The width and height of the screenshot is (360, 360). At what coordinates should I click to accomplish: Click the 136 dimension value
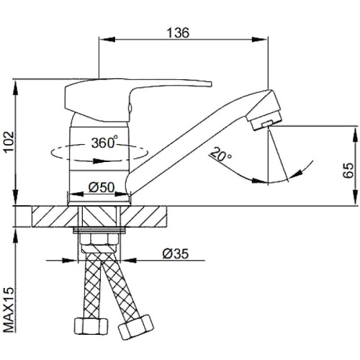178,33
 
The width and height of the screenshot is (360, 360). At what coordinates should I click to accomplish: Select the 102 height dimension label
9,142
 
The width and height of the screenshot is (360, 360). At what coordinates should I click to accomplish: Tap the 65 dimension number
348,171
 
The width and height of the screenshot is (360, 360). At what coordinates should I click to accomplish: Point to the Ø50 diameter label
102,187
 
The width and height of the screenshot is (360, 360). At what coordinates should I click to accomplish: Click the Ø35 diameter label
176,253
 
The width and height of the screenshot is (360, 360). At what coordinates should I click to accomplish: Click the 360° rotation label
104,143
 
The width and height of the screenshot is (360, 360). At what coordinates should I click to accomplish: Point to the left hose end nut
91,326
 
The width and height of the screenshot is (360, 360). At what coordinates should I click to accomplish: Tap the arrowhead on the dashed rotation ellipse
99,161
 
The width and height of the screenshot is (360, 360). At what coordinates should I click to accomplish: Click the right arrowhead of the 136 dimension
260,40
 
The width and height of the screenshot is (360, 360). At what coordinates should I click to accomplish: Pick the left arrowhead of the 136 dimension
107,40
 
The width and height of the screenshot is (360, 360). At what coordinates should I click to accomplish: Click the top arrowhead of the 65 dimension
356,134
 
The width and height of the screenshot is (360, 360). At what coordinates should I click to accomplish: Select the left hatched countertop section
55,216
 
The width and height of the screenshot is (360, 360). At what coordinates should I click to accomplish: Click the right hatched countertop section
143,216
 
